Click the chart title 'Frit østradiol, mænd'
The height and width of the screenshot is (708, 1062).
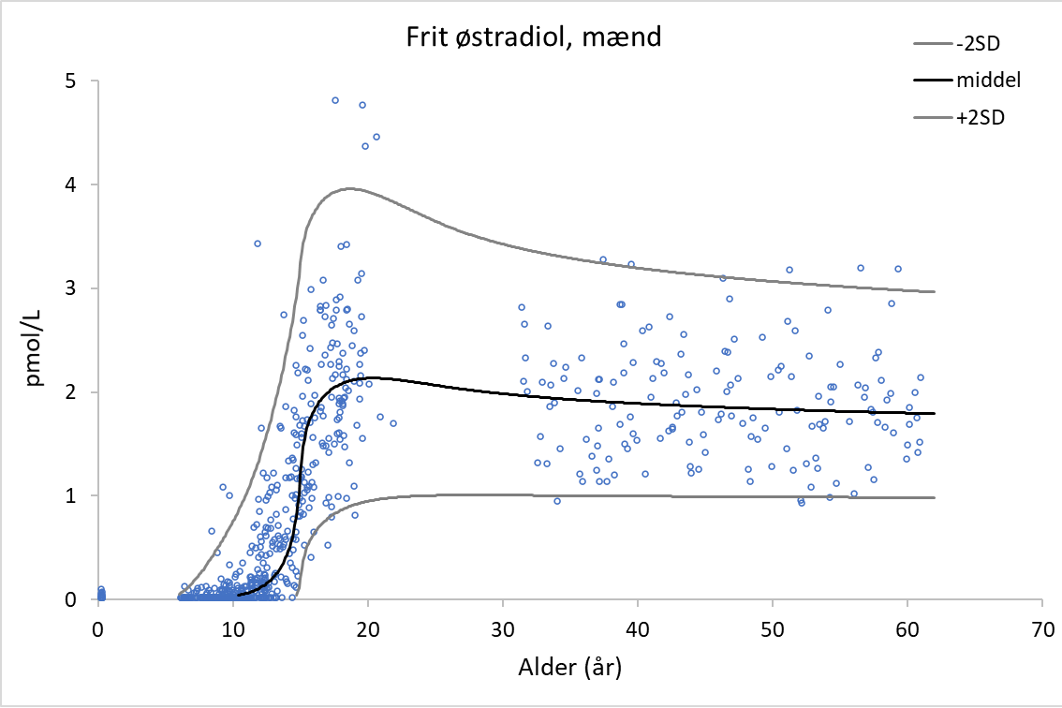coord(534,38)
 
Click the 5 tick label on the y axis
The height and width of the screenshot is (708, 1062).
coord(71,81)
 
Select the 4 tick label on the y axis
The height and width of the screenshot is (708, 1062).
coord(71,185)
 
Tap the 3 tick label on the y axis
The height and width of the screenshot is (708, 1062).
coord(71,288)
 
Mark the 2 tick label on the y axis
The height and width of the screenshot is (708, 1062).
coord(71,392)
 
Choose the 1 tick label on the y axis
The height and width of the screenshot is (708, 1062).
coord(71,495)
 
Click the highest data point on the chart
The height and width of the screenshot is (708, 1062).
coord(334,100)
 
